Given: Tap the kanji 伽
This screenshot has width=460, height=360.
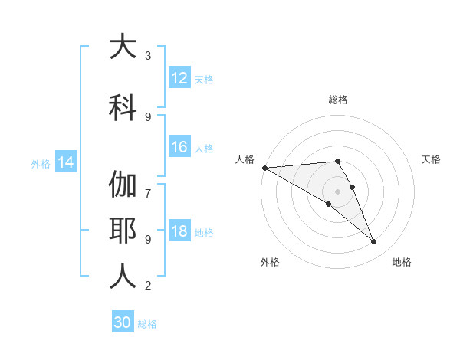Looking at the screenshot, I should click(123, 185).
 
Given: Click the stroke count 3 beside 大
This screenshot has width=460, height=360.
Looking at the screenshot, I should click(148, 56).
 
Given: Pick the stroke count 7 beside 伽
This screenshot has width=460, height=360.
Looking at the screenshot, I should click(148, 185).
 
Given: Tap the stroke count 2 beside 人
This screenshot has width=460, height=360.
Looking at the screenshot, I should click(148, 286).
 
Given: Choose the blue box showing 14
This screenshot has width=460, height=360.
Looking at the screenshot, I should click(65, 162).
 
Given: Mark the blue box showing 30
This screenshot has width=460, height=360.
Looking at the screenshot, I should click(123, 322).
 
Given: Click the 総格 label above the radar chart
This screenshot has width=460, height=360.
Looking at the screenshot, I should click(337, 100).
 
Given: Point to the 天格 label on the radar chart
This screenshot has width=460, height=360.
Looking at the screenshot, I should click(431, 159).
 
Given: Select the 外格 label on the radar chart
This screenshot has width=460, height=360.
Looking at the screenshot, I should click(270, 262).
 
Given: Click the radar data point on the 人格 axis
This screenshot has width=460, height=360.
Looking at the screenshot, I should click(264, 168).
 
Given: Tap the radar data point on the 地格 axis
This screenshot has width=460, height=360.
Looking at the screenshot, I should click(373, 242).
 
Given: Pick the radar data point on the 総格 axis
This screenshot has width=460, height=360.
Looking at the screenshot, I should click(337, 162).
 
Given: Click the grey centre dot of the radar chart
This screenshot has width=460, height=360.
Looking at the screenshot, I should click(337, 191).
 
